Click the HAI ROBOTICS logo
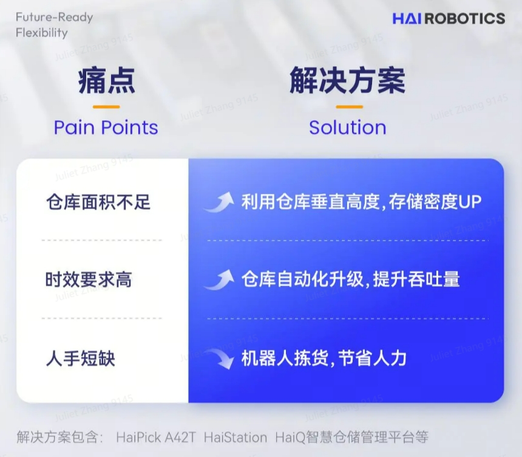pyautogui.click(x=448, y=18)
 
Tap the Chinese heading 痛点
pyautogui.click(x=106, y=81)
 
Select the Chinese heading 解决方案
pyautogui.click(x=347, y=81)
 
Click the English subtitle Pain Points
pyautogui.click(x=106, y=128)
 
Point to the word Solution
pyautogui.click(x=347, y=128)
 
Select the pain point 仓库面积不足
pyautogui.click(x=98, y=202)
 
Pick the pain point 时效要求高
pyautogui.click(x=89, y=280)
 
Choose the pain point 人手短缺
pyautogui.click(x=80, y=359)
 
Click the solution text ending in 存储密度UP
pyautogui.click(x=361, y=202)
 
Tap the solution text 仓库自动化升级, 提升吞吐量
pyautogui.click(x=350, y=280)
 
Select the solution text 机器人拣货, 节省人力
pyautogui.click(x=324, y=359)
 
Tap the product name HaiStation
pyautogui.click(x=235, y=437)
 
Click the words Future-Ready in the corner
pyautogui.click(x=55, y=17)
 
